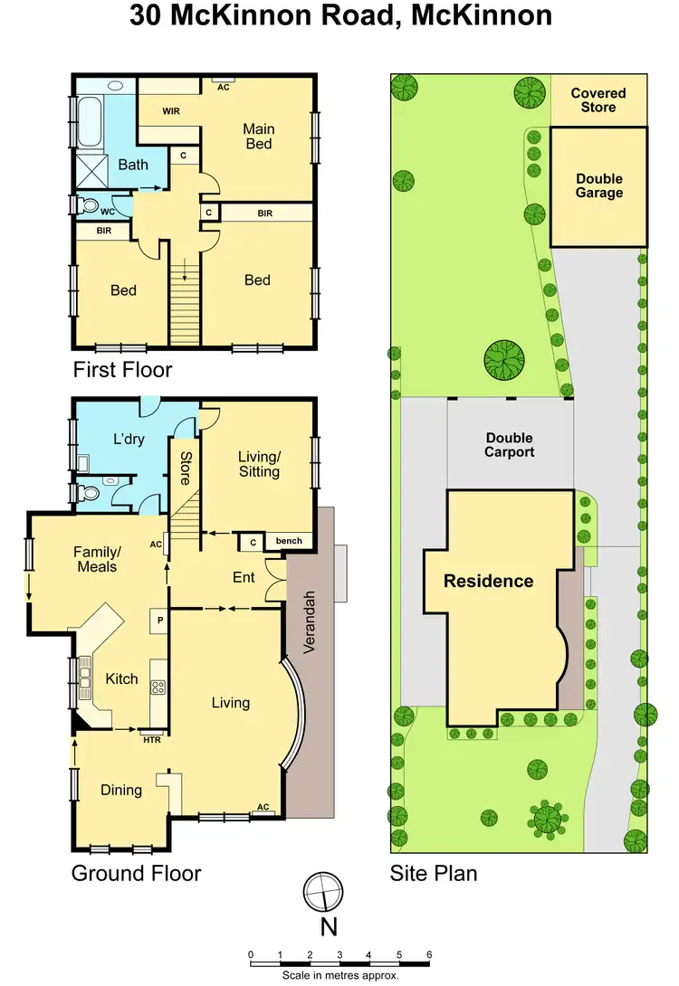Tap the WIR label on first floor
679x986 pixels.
tap(174, 112)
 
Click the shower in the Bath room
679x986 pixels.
tap(91, 169)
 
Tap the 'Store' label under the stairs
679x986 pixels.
tap(186, 468)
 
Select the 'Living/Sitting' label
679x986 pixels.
tap(258, 464)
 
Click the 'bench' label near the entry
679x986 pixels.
tap(289, 541)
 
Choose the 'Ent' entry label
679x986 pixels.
tap(244, 576)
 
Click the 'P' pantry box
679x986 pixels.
tap(159, 621)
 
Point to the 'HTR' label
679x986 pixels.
tap(151, 739)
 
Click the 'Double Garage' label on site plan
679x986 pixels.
tap(598, 185)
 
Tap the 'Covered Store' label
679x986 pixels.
tap(598, 100)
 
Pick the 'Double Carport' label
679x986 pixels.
tap(509, 445)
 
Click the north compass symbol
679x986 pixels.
tap(324, 894)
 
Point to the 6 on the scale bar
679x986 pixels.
tap(429, 954)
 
